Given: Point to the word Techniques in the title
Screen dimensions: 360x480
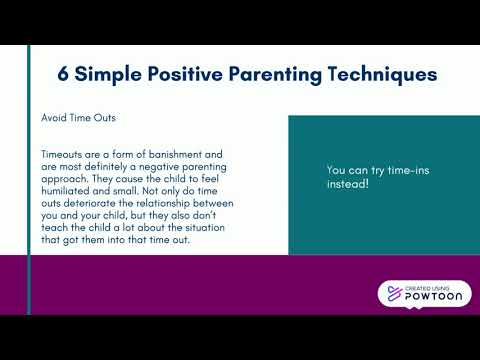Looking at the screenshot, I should pyautogui.click(x=376, y=75).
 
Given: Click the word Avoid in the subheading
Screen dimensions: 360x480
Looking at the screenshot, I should pyautogui.click(x=55, y=117).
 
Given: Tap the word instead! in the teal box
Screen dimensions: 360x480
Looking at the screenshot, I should pyautogui.click(x=348, y=185).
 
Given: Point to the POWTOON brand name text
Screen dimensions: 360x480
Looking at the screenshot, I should pyautogui.click(x=432, y=298).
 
